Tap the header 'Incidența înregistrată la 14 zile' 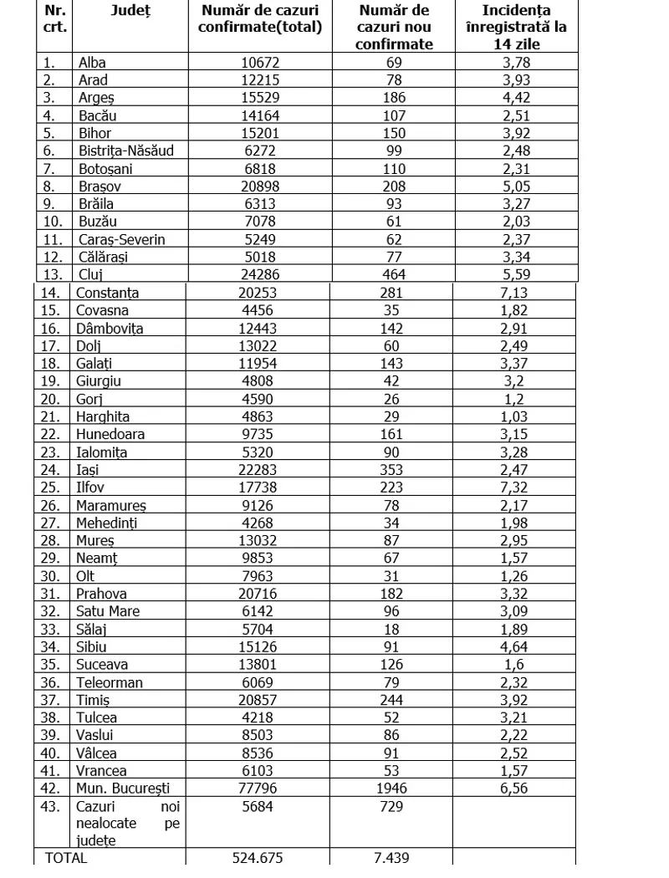(x=514, y=27)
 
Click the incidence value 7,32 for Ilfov (x=513, y=487)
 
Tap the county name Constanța (x=107, y=293)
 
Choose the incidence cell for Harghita (x=513, y=416)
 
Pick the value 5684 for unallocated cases (x=256, y=807)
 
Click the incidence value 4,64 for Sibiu (x=513, y=646)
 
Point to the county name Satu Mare (x=108, y=611)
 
